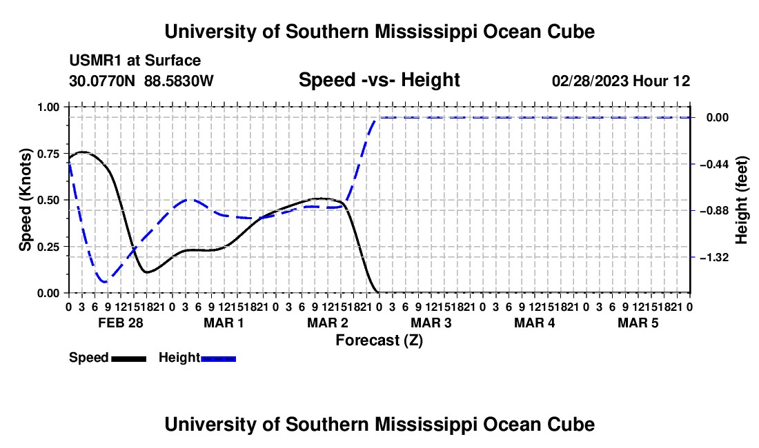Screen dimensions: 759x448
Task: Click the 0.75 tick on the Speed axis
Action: point(49,154)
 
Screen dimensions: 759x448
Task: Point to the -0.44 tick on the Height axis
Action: point(714,164)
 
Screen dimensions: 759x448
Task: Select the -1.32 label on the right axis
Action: point(714,258)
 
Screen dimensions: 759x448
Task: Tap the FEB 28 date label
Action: point(121,323)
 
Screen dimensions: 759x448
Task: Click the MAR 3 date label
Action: point(431,323)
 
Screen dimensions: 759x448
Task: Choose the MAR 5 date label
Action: point(638,323)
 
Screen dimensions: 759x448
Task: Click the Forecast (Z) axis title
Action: point(379,340)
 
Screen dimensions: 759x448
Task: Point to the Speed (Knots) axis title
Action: point(25,200)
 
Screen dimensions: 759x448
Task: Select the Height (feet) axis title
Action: point(741,200)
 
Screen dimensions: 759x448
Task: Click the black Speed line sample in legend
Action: point(128,358)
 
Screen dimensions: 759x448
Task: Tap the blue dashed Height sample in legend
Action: point(218,358)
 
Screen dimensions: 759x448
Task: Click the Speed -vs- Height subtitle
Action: point(379,80)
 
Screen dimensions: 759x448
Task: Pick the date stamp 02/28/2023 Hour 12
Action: point(620,81)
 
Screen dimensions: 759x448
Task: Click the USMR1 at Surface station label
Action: point(135,61)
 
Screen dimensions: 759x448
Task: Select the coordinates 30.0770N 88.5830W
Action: point(141,81)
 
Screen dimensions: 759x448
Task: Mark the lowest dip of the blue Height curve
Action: point(104,281)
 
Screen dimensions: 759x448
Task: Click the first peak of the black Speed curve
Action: point(82,152)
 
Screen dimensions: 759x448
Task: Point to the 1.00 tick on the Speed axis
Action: point(49,107)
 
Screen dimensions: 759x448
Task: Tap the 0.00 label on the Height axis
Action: point(718,118)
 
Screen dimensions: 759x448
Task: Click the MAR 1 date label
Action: point(224,323)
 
